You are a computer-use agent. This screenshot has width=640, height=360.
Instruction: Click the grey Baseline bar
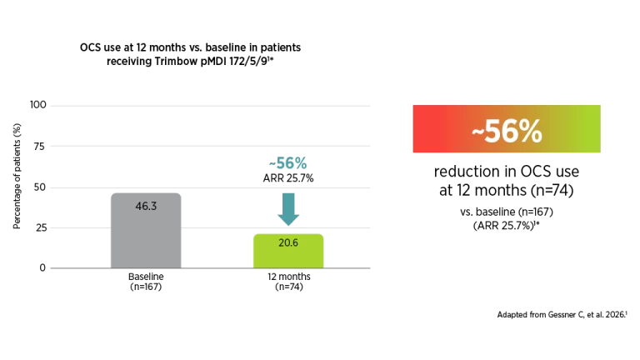[x=146, y=231]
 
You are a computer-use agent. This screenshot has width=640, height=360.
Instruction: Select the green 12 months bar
[x=288, y=251]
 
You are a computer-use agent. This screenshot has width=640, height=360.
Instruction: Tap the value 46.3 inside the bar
[x=146, y=206]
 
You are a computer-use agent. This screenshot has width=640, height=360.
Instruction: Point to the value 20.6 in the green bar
[x=288, y=242]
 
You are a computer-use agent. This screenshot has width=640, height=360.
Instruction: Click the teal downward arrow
[x=288, y=209]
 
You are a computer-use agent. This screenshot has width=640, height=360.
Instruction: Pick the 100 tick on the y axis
[x=38, y=105]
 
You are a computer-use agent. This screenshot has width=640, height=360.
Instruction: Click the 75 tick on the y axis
[x=39, y=146]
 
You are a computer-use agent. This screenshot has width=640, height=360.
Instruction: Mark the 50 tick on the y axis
[x=40, y=187]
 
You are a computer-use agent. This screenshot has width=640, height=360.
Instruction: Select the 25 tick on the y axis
[x=41, y=227]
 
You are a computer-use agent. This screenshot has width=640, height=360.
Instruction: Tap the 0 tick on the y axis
[x=42, y=267]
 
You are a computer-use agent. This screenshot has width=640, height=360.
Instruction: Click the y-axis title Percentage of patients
[x=17, y=177]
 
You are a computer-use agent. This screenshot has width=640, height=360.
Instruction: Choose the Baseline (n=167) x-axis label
[x=146, y=282]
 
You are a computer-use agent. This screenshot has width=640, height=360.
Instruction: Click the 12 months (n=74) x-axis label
[x=288, y=282]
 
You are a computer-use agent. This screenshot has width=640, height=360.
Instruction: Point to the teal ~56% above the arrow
[x=287, y=163]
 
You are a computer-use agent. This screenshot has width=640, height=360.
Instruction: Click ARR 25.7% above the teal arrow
[x=288, y=178]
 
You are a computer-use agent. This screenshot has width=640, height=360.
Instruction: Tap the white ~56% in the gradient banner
[x=507, y=131]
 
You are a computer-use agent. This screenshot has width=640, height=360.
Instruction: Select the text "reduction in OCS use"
[x=506, y=172]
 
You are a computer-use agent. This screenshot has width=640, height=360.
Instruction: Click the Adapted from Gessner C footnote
[x=562, y=315]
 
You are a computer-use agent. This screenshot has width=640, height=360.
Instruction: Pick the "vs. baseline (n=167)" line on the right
[x=507, y=212]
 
